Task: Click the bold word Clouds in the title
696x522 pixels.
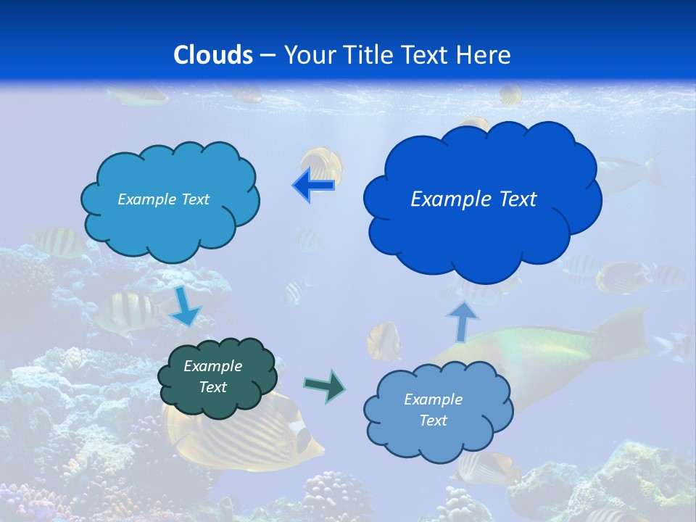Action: [x=213, y=55]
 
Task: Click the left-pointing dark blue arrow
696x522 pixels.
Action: [x=313, y=186]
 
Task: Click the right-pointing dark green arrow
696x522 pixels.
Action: [x=325, y=386]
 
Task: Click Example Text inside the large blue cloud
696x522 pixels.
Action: [x=473, y=199]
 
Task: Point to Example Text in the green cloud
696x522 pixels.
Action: [x=212, y=376]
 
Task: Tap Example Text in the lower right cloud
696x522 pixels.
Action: [x=433, y=410]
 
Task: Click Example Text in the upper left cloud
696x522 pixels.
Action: [x=163, y=199]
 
